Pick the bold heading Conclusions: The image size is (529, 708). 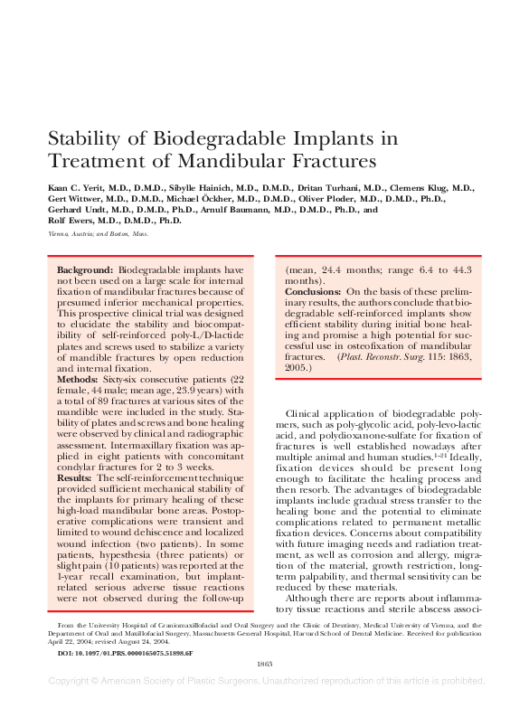coord(313,292)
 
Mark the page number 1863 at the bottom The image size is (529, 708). coord(264,664)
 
